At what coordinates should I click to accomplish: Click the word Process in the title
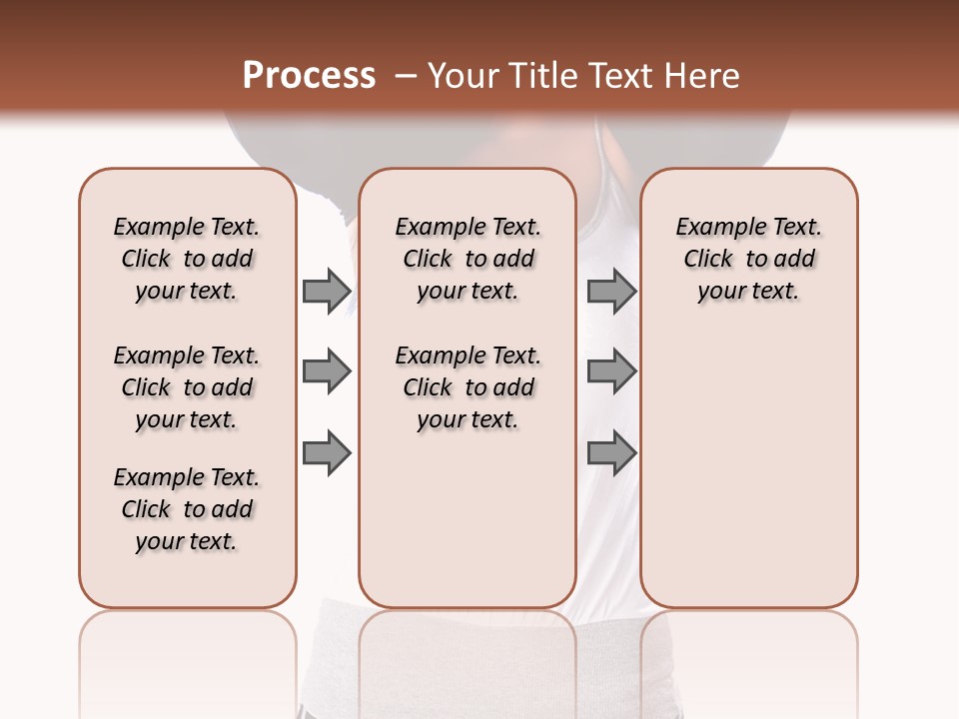pos(309,76)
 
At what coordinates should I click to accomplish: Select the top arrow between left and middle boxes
pos(326,291)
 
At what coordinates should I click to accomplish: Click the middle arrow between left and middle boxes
pos(326,371)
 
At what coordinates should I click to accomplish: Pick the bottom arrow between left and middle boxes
pos(326,453)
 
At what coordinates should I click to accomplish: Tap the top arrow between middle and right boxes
pos(611,291)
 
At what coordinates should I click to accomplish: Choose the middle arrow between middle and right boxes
pos(611,371)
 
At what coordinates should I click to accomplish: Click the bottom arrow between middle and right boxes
pos(611,453)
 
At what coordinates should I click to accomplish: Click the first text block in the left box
pos(187,259)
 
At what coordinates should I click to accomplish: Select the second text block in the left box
pos(187,387)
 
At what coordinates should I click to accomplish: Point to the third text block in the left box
pos(187,509)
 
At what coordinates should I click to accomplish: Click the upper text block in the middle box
pos(468,259)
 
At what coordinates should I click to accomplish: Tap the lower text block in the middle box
pos(468,387)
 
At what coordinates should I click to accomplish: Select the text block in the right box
pos(748,259)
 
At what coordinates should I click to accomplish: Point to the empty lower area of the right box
pos(748,459)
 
